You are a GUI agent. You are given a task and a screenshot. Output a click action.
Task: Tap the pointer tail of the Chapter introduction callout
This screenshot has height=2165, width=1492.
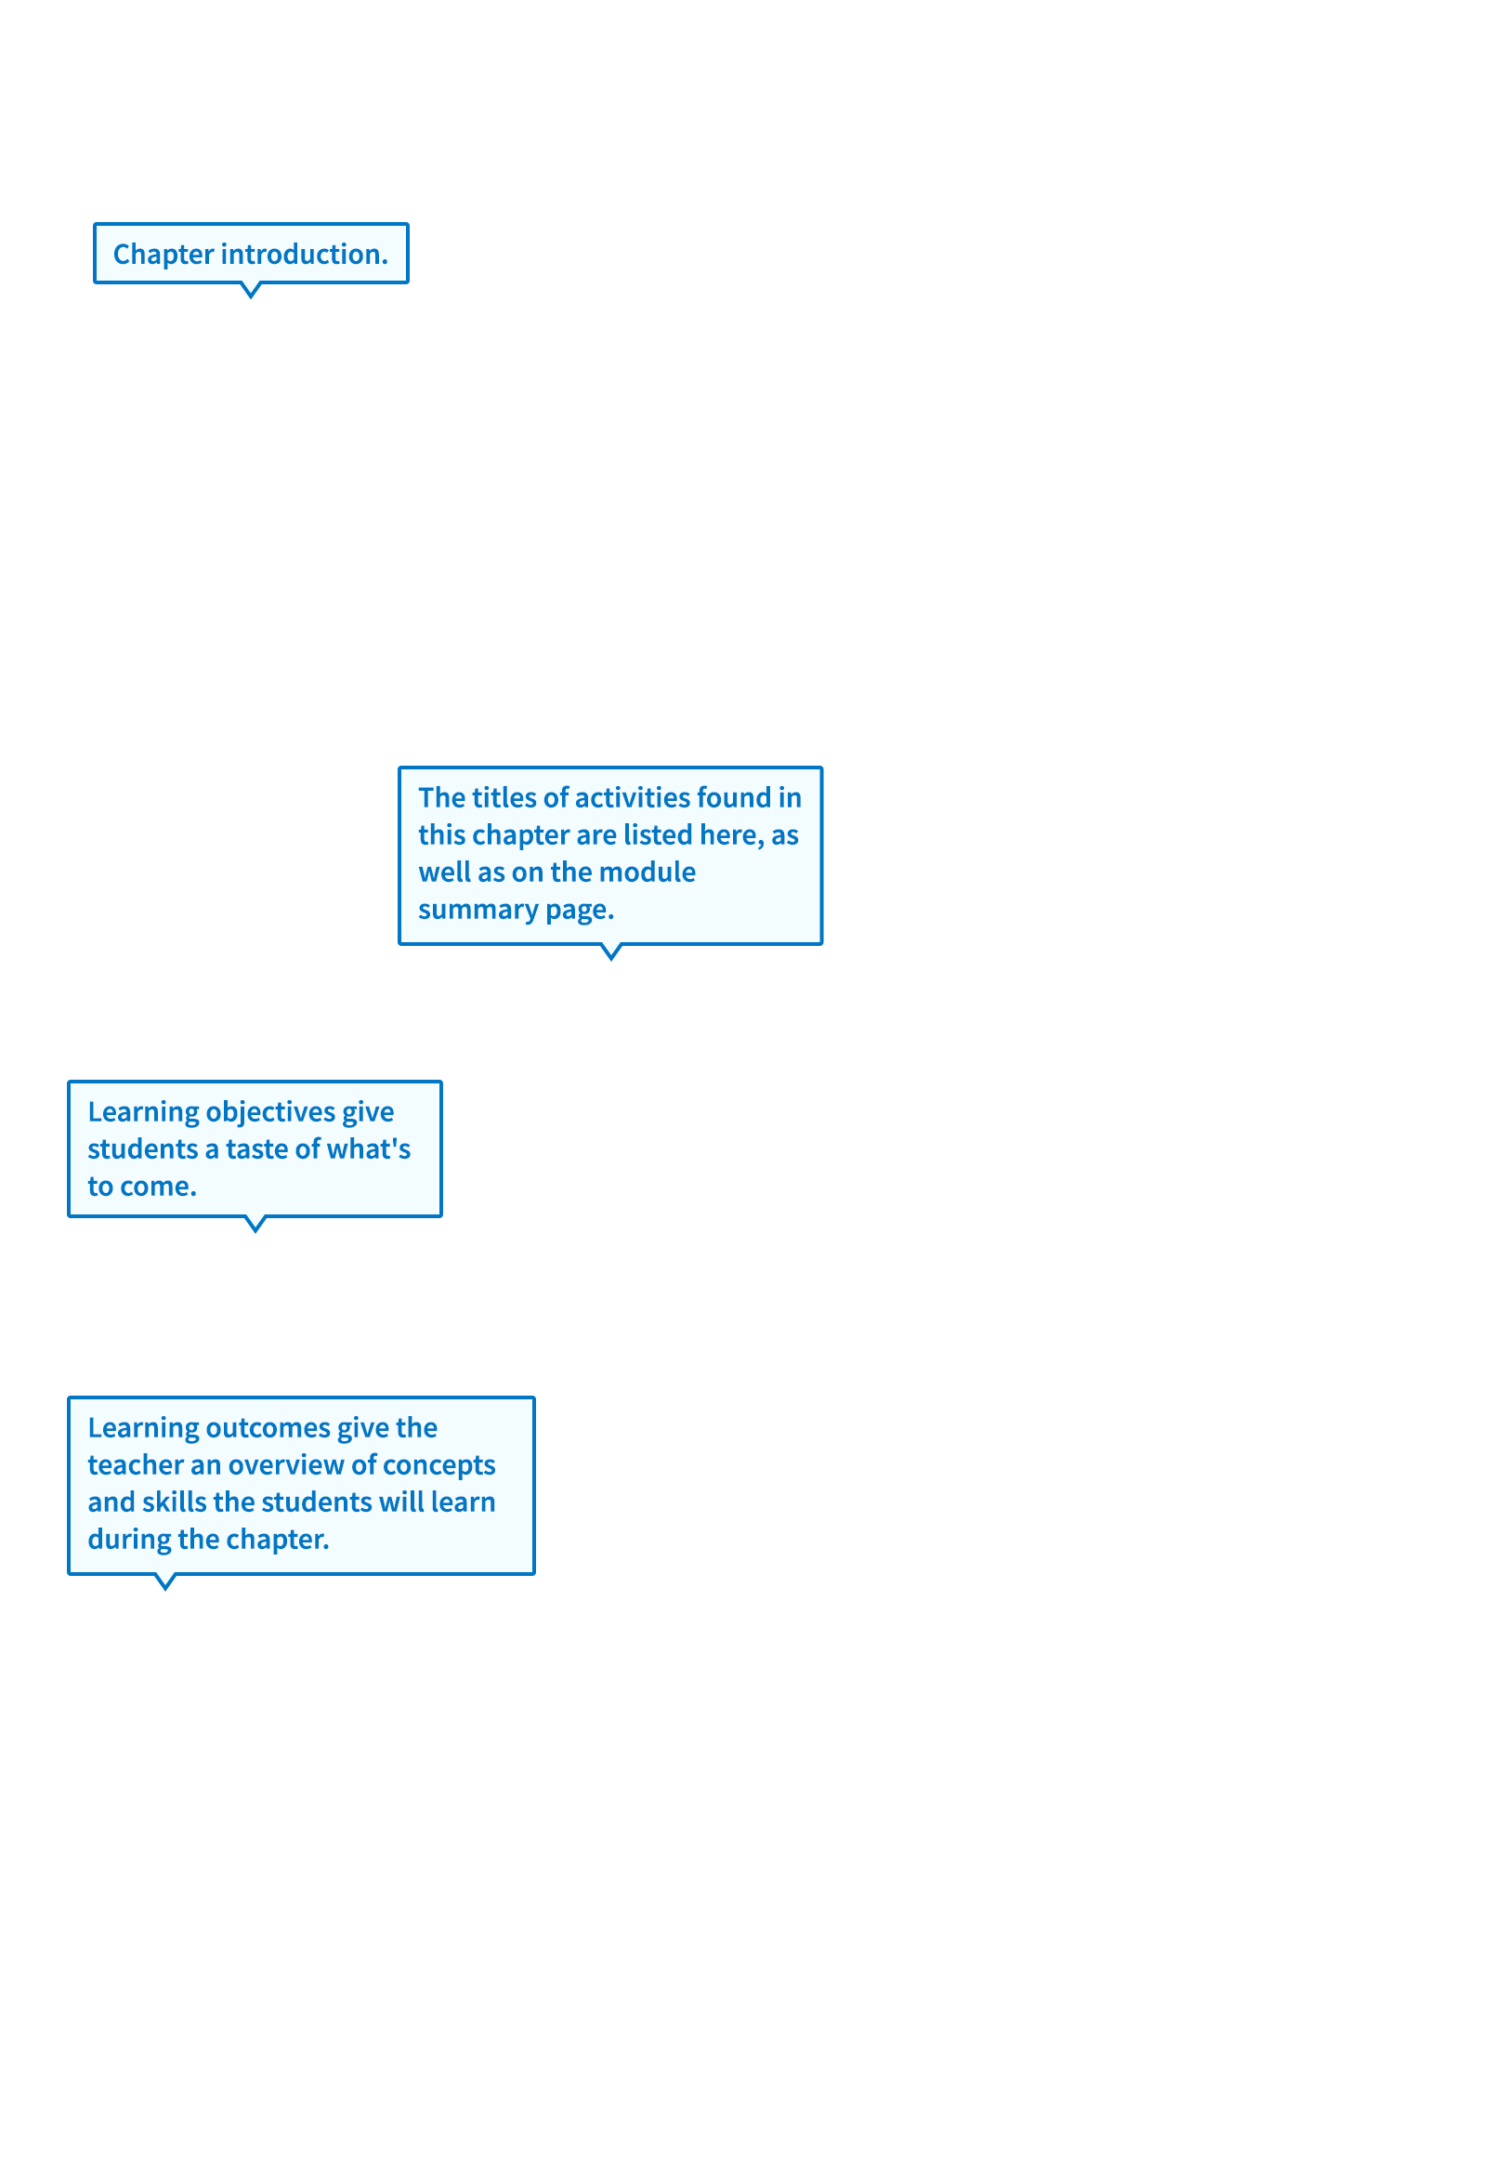[x=251, y=291]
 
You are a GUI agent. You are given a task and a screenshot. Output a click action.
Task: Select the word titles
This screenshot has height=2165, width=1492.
[x=504, y=797]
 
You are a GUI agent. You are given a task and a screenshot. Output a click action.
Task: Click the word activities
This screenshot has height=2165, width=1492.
[x=633, y=797]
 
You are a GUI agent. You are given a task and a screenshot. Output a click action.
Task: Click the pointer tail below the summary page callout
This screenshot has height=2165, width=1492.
[x=610, y=951]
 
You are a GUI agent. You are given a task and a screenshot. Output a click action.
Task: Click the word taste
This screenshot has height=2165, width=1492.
[x=257, y=1148]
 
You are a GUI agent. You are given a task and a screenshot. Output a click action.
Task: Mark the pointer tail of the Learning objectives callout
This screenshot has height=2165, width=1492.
[x=255, y=1225]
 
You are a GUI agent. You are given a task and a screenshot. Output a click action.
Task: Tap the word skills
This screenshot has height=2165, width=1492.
[x=174, y=1502]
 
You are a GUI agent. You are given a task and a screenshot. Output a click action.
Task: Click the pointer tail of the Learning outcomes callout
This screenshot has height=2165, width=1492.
[x=164, y=1581]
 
